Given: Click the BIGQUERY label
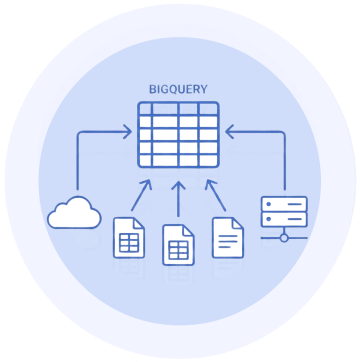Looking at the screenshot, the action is point(178,89).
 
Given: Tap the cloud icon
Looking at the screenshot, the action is point(74,213).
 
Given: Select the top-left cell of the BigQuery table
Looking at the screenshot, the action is point(145,109).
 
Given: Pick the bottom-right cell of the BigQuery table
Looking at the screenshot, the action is point(208,161).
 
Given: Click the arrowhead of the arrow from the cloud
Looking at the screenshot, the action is point(127,132).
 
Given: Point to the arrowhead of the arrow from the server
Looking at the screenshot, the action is point(229,132).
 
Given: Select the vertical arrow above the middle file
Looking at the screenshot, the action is point(178,199).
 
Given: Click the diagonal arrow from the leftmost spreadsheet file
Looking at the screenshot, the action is point(141,195).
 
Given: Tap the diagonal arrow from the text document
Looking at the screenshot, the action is point(215,195).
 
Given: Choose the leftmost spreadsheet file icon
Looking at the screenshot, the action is point(129,238).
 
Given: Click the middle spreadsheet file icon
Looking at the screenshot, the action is point(178,245).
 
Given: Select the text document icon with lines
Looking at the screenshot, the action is point(228,238).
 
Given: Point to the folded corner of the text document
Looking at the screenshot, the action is point(238,223).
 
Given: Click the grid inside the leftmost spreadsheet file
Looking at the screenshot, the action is point(129,243).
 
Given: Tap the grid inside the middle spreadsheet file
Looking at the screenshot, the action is point(178,250).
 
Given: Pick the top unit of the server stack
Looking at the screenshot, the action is point(284,204).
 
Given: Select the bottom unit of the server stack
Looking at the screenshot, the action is point(284,219).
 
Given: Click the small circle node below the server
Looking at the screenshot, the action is point(284,238).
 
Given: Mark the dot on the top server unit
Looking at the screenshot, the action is point(269,204).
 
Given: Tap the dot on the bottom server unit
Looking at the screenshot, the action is point(269,220).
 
